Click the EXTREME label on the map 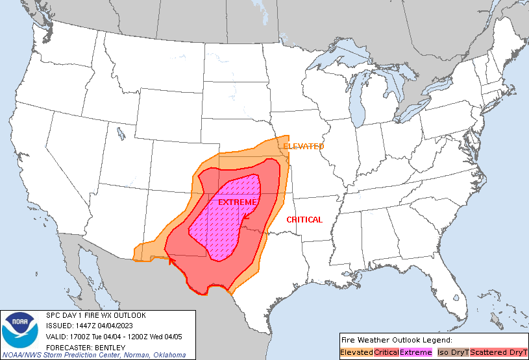click(x=237, y=202)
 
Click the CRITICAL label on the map click(x=304, y=220)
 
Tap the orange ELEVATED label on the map click(x=303, y=147)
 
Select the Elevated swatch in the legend click(x=356, y=352)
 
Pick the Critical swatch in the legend click(x=386, y=352)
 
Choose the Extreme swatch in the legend click(x=415, y=352)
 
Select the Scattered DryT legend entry click(x=498, y=352)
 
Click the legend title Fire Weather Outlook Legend click(x=396, y=340)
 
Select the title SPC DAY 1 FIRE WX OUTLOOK click(x=96, y=315)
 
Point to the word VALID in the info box click(x=58, y=336)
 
